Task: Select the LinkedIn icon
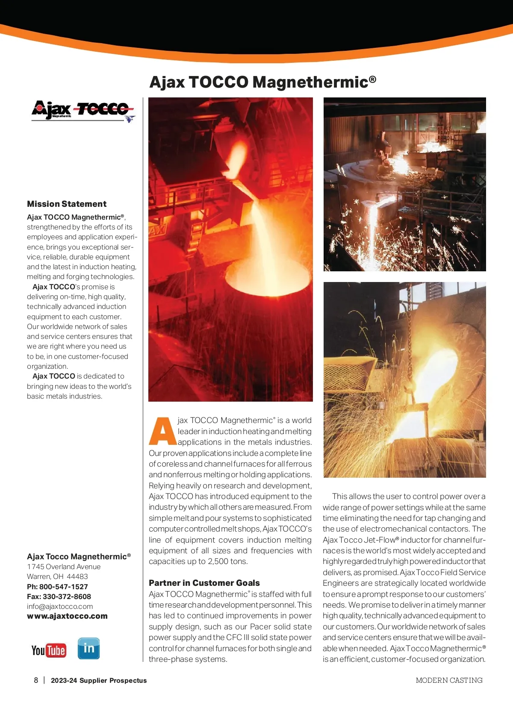[88, 648]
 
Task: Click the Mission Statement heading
[67, 204]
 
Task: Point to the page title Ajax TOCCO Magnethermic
[262, 82]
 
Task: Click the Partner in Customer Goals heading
[204, 583]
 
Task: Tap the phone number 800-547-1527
[63, 587]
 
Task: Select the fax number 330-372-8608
[65, 596]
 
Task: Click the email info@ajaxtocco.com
[60, 606]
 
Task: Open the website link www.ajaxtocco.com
[67, 616]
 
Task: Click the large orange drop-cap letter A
[162, 431]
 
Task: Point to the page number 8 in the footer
[36, 680]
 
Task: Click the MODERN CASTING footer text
[449, 680]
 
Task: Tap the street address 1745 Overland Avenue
[64, 567]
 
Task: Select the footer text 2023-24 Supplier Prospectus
[99, 680]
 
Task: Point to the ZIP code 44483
[77, 576]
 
